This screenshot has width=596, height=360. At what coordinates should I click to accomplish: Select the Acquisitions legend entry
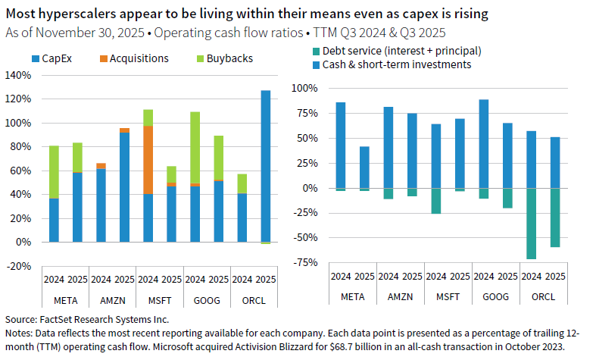138,58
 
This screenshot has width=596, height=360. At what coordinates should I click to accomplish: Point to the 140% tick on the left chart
17,75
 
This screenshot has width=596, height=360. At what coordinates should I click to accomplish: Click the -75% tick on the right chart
304,262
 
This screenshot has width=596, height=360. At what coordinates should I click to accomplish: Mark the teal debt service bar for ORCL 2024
531,224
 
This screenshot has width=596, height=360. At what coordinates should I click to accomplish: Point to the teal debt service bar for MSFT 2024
435,201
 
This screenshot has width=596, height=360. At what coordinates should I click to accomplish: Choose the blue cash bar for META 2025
364,167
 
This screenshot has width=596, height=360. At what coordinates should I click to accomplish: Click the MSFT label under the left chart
160,300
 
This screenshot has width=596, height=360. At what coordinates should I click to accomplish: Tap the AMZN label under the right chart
400,296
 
